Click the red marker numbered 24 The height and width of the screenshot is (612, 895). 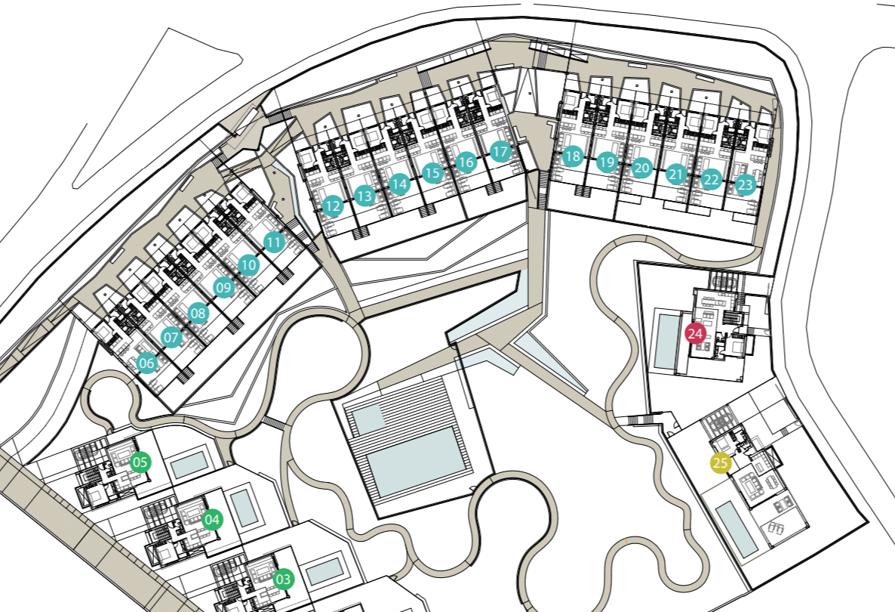click(695, 332)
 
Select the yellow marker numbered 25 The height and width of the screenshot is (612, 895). click(721, 464)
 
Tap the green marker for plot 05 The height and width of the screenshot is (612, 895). click(140, 462)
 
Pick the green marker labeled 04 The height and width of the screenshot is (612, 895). click(213, 520)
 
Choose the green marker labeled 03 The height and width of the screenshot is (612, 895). click(283, 580)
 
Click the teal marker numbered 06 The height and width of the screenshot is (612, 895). click(147, 364)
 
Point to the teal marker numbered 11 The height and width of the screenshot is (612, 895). click(274, 243)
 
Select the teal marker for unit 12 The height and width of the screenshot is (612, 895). click(332, 205)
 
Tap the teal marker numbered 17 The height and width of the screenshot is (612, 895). click(500, 152)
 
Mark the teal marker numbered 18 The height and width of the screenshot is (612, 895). click(572, 157)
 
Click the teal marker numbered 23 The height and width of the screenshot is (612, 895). click(745, 184)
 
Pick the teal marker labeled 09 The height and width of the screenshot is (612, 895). click(223, 287)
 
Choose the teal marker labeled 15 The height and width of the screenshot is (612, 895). click(432, 174)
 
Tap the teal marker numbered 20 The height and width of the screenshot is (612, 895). click(642, 168)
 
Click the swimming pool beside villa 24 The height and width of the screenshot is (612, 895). click(666, 342)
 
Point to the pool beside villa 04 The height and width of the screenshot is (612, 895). click(243, 508)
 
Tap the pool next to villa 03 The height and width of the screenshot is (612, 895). click(325, 570)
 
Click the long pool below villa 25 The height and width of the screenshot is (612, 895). click(736, 530)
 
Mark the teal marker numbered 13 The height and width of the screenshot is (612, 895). click(365, 196)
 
